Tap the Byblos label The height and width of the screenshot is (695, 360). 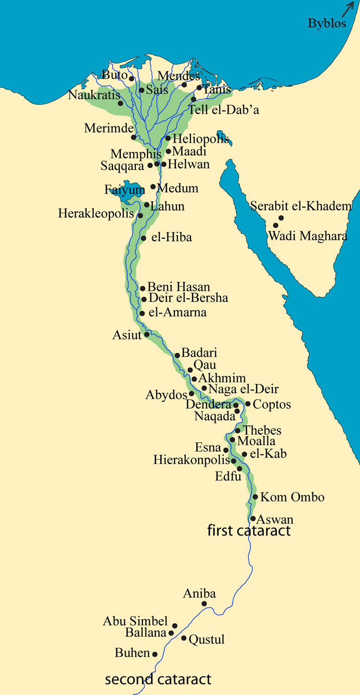click(327, 23)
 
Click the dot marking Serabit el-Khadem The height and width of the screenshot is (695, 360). click(281, 218)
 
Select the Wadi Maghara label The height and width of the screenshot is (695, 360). click(308, 236)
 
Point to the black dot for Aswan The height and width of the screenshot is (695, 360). click(253, 518)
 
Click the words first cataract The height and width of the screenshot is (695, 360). click(249, 531)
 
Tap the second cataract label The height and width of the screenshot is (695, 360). click(158, 680)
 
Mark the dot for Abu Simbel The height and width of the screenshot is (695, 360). click(175, 625)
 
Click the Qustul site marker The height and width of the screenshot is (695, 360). click(184, 638)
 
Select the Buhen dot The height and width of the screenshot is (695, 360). click(155, 654)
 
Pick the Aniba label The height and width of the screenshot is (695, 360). click(199, 594)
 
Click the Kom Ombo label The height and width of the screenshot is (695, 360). click(292, 498)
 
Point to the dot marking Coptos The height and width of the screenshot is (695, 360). click(248, 404)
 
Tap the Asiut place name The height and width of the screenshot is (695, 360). click(127, 335)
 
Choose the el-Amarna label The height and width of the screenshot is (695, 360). click(177, 313)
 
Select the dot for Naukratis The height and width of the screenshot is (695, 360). click(120, 103)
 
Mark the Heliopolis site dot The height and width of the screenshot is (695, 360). click(168, 138)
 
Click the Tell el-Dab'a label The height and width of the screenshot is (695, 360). click(223, 110)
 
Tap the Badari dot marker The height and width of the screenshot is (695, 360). click(177, 355)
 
